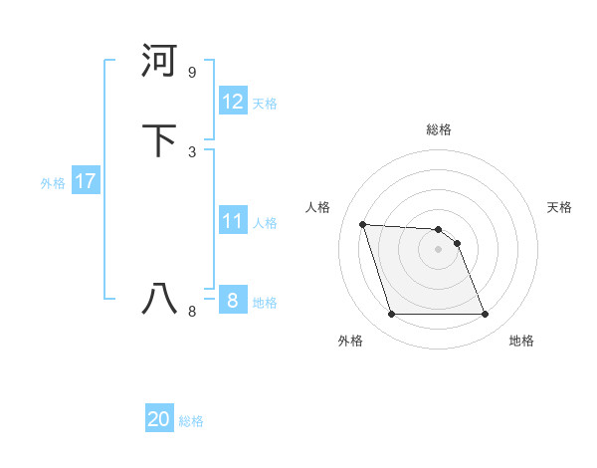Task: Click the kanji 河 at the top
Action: click(160, 62)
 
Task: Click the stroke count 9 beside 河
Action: click(192, 73)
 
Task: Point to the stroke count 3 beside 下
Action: click(192, 152)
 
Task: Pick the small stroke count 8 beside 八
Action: click(192, 312)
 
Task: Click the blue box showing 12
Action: click(232, 102)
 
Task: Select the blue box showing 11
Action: click(232, 221)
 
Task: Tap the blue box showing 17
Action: click(85, 181)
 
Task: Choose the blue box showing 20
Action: click(159, 419)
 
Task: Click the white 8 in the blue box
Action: click(232, 301)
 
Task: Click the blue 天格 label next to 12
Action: click(265, 104)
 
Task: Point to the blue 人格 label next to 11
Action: click(265, 223)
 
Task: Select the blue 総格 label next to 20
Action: click(191, 421)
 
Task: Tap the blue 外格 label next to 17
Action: click(53, 183)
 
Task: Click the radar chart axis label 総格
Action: click(439, 129)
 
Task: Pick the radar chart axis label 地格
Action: click(521, 341)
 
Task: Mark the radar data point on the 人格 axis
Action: click(363, 224)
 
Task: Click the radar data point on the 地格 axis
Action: click(485, 315)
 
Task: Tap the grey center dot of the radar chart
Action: click(439, 249)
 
